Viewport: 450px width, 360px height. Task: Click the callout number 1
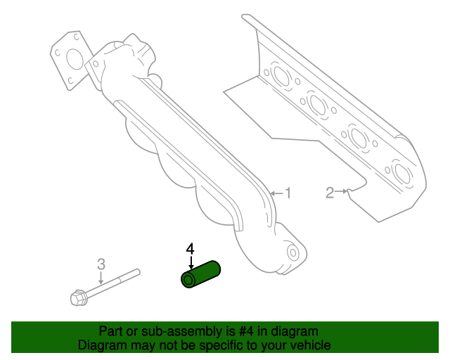click(x=288, y=193)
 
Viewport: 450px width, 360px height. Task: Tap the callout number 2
click(x=330, y=193)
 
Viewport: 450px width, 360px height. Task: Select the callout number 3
click(x=101, y=264)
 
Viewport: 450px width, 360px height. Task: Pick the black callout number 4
click(x=190, y=249)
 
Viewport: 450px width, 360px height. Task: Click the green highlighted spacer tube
click(x=200, y=274)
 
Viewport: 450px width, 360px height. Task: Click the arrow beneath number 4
click(x=191, y=263)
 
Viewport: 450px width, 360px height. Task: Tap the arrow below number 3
click(x=101, y=278)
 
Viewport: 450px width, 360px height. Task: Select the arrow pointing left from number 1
click(x=276, y=193)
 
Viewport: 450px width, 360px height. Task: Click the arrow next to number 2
click(x=342, y=191)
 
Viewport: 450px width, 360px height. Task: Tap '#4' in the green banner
click(x=246, y=331)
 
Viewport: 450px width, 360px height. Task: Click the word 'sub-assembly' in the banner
click(x=181, y=332)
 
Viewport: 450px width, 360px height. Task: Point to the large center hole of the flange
click(x=75, y=60)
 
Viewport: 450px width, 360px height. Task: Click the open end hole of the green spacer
click(x=188, y=280)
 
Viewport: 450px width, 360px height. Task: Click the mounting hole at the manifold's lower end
click(x=292, y=252)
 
